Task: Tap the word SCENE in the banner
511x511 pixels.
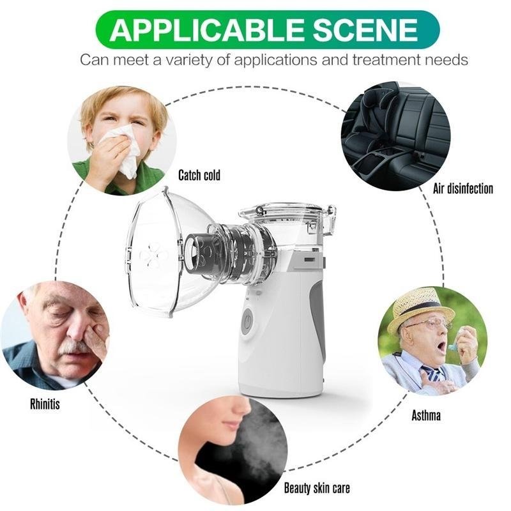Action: pyautogui.click(x=365, y=29)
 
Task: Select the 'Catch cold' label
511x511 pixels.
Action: pyautogui.click(x=199, y=175)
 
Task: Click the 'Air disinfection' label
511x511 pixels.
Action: pyautogui.click(x=462, y=188)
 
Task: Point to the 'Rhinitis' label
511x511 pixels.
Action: pyautogui.click(x=45, y=404)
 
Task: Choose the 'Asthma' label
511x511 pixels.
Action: pyautogui.click(x=426, y=416)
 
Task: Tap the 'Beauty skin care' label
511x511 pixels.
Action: pyautogui.click(x=317, y=488)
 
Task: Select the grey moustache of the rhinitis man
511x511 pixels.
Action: pyautogui.click(x=75, y=347)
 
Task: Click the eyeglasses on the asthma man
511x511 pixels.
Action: pyautogui.click(x=427, y=324)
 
